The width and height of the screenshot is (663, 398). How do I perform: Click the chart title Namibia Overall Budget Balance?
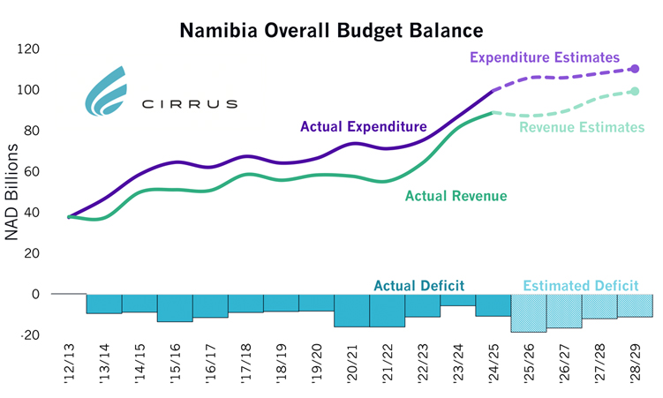(x=331, y=30)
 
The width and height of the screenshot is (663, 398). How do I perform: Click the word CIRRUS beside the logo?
(x=190, y=104)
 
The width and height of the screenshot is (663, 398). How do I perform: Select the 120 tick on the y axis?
(x=29, y=49)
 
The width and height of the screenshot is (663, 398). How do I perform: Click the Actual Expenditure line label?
(x=363, y=127)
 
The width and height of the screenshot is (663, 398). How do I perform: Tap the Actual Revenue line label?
(x=456, y=195)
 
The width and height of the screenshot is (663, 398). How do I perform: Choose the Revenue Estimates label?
(x=582, y=127)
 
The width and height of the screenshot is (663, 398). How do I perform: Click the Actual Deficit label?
(x=419, y=285)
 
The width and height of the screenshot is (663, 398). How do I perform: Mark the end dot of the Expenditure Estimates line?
(x=635, y=69)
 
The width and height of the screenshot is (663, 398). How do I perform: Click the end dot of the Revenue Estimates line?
(x=635, y=91)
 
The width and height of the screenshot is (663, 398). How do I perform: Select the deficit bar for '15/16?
(x=175, y=307)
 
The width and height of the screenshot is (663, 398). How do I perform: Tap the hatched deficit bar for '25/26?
(x=529, y=312)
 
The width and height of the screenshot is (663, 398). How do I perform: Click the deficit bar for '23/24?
(x=458, y=299)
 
